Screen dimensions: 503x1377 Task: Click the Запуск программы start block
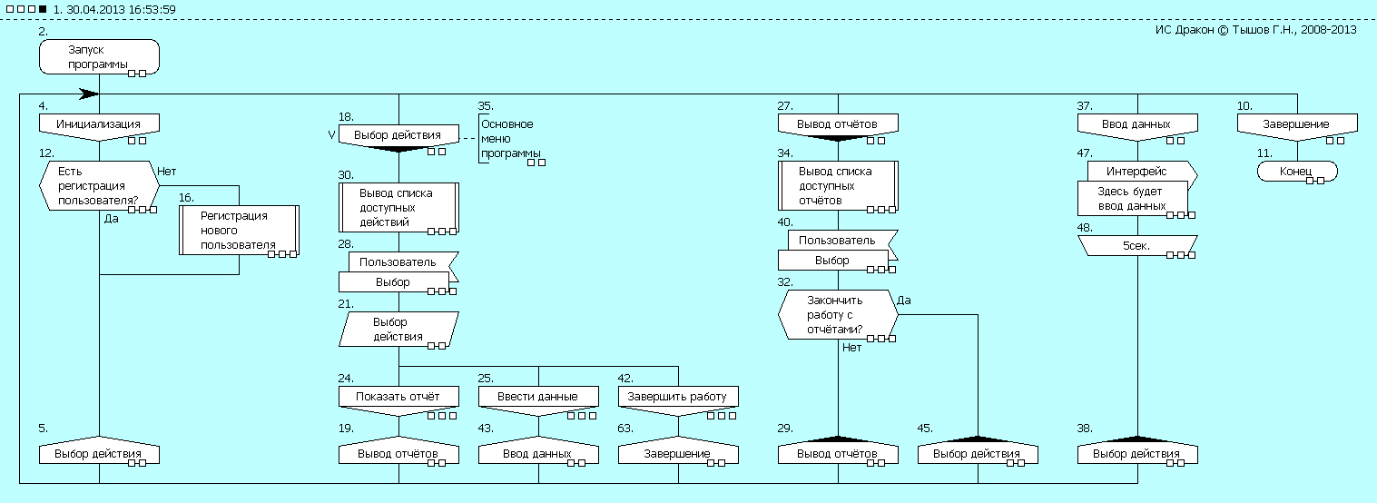point(99,56)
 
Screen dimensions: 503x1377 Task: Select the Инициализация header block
point(99,124)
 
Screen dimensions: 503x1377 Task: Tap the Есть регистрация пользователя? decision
point(99,185)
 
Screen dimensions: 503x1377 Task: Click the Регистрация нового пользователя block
point(238,230)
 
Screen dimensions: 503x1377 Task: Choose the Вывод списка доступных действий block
point(398,208)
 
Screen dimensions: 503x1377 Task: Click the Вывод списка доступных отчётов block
point(838,186)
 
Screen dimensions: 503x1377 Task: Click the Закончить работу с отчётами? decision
point(838,315)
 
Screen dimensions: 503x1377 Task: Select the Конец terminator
point(1297,171)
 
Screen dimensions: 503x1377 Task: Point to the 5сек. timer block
point(1137,245)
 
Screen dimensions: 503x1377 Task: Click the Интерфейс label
point(1137,171)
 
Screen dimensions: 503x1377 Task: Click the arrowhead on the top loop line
point(89,94)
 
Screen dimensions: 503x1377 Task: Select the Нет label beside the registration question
point(166,170)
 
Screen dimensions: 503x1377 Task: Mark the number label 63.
point(625,427)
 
